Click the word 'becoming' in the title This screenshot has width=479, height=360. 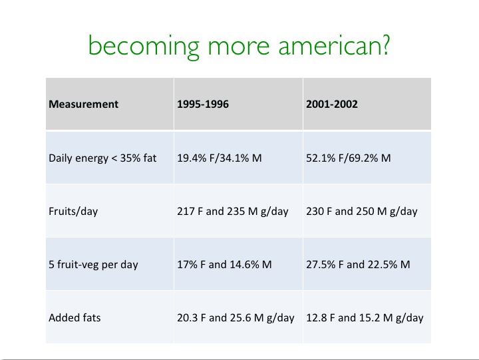(144, 47)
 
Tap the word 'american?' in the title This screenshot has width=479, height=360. (334, 45)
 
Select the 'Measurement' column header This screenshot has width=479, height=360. (83, 104)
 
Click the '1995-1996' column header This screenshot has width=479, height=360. (203, 104)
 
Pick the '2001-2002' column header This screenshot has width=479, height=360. (332, 104)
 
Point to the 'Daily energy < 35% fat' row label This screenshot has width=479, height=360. (102, 158)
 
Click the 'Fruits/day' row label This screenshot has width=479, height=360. (73, 211)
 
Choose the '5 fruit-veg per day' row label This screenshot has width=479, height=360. (93, 264)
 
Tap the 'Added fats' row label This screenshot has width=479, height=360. (75, 318)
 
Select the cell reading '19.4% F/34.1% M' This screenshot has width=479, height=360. (220, 158)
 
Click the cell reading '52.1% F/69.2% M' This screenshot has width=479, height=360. (348, 158)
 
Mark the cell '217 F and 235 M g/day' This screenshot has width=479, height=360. (233, 212)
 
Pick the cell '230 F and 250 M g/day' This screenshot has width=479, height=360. (362, 212)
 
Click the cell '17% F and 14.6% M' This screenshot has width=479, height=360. (224, 264)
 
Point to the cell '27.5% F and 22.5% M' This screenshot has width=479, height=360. (358, 264)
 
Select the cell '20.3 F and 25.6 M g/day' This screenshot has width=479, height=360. (236, 318)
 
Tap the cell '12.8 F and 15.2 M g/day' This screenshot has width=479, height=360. (365, 318)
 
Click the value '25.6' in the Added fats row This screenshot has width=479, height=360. (241, 318)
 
